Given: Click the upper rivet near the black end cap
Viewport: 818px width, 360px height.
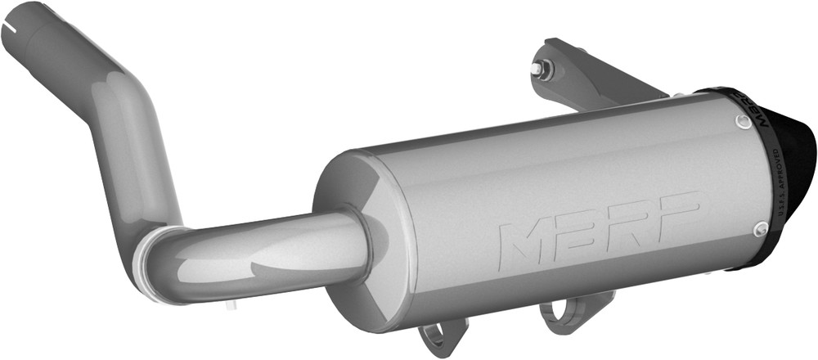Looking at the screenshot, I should point(741,123).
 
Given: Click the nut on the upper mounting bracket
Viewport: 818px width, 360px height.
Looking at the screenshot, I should point(540,69).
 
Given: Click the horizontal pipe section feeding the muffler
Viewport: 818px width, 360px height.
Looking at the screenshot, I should point(262,250).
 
